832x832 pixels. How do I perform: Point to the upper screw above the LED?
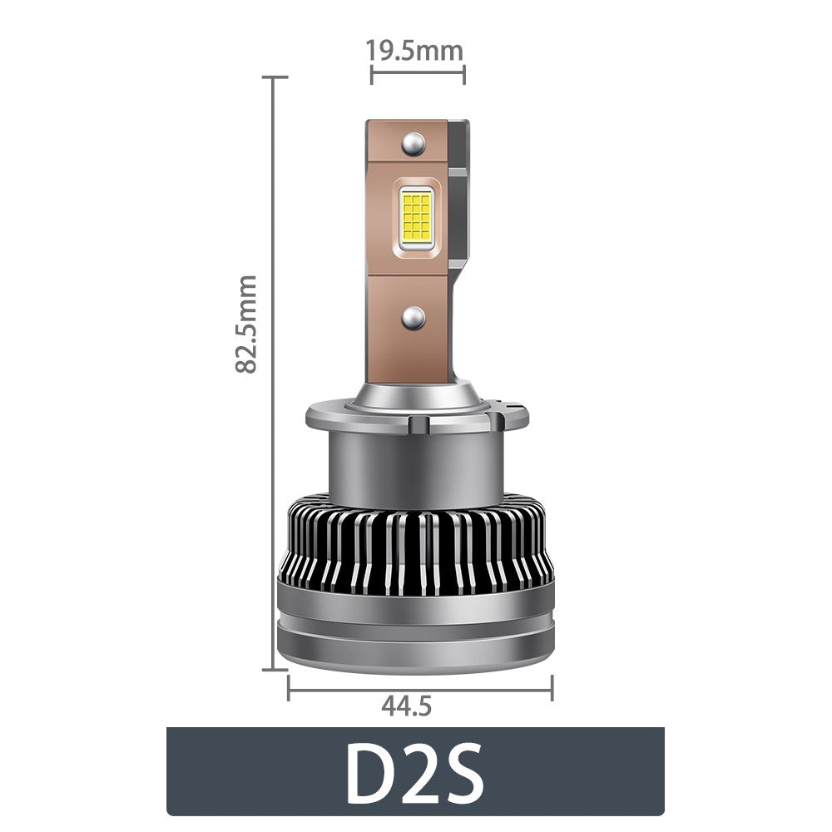click(x=413, y=145)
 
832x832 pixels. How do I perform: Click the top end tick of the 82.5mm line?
click(x=275, y=77)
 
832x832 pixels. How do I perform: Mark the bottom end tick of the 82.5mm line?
click(x=275, y=668)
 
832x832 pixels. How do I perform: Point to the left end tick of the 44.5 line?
click(x=288, y=687)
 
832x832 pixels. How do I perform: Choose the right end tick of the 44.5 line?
click(x=552, y=687)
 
